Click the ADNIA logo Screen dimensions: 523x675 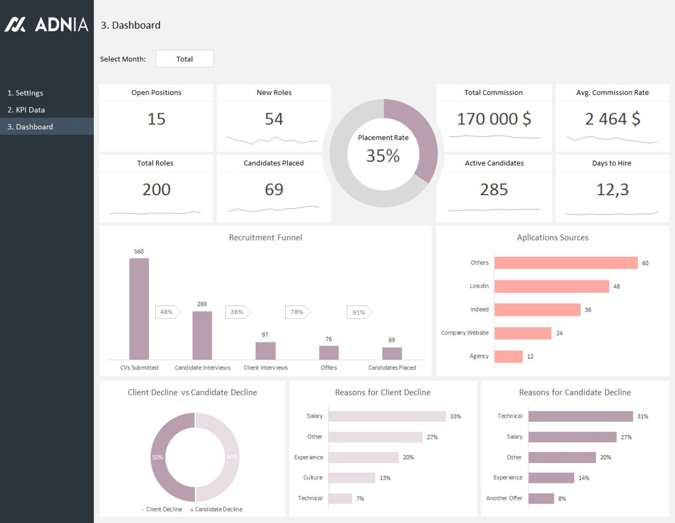(x=46, y=24)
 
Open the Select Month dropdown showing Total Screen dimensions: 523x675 (x=184, y=59)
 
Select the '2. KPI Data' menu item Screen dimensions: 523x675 (x=26, y=109)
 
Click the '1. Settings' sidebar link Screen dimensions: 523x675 (x=25, y=93)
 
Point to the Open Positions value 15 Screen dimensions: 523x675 (x=156, y=119)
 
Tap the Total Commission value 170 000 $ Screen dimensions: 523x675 (x=494, y=119)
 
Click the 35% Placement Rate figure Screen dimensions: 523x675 (x=383, y=156)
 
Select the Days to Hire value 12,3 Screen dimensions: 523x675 (x=612, y=190)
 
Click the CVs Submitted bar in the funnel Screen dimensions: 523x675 (x=139, y=308)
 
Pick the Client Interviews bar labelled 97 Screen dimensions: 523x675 (x=265, y=350)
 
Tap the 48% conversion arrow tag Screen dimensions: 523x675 (x=168, y=312)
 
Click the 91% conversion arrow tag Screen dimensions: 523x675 (x=359, y=312)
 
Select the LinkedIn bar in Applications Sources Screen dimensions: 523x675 (x=552, y=286)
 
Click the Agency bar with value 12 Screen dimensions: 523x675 (x=508, y=356)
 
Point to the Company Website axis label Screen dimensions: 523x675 (x=465, y=333)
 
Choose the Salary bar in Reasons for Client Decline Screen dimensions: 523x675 (x=387, y=416)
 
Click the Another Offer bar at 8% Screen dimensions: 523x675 (x=541, y=498)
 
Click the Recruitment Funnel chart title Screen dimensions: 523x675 (x=265, y=237)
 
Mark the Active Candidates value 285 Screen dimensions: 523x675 (x=494, y=190)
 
